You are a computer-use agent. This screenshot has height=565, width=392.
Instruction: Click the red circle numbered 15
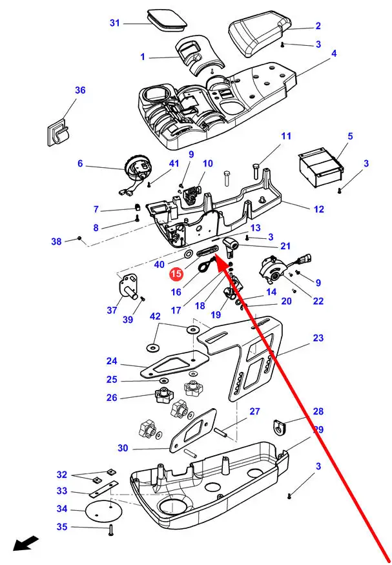pyautogui.click(x=176, y=274)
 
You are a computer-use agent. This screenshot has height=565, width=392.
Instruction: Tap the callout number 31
pyautogui.click(x=115, y=24)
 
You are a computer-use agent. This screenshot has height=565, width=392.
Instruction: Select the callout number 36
pyautogui.click(x=80, y=90)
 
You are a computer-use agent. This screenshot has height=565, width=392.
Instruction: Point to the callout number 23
pyautogui.click(x=318, y=338)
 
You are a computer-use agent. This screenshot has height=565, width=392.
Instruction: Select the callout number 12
pyautogui.click(x=319, y=209)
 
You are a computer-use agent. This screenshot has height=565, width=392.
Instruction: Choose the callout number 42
pyautogui.click(x=155, y=316)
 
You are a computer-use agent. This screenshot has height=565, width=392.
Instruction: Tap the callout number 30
pyautogui.click(x=123, y=448)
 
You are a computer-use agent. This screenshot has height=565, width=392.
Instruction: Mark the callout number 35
pyautogui.click(x=61, y=527)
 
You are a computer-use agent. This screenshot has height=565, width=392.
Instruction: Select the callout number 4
pyautogui.click(x=334, y=54)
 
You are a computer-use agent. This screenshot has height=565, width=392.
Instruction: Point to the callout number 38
pyautogui.click(x=57, y=241)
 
